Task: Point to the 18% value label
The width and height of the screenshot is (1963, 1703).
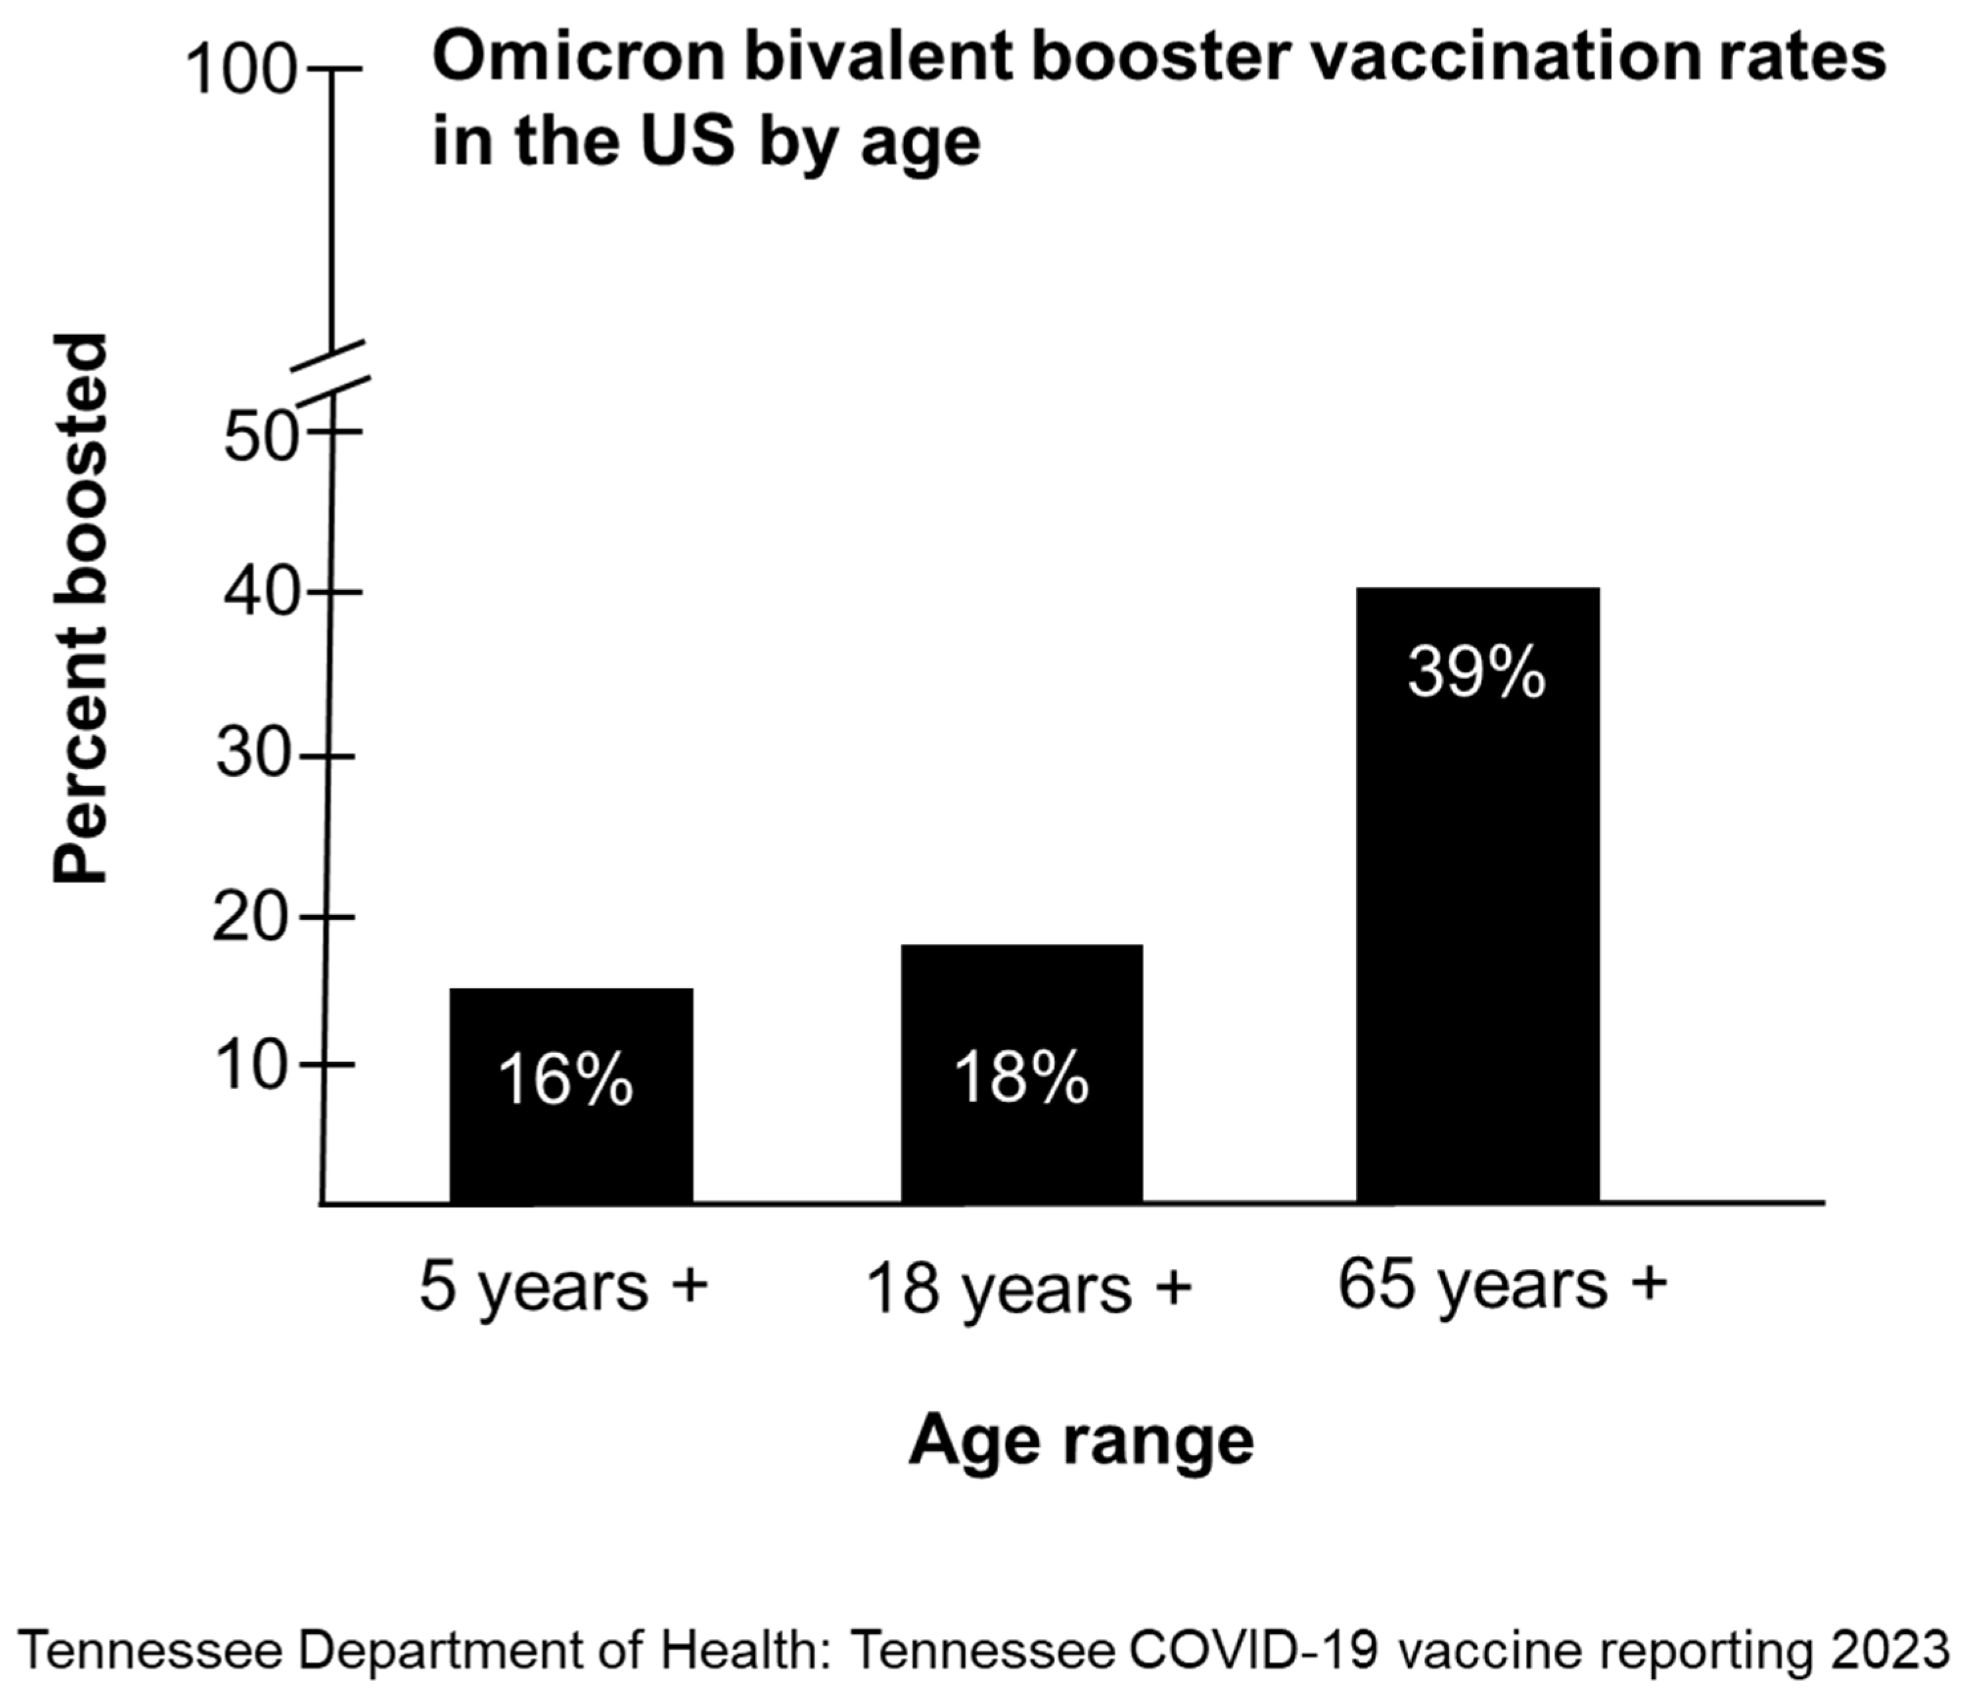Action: click(x=1021, y=1077)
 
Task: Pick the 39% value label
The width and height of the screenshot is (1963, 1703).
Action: click(x=1476, y=672)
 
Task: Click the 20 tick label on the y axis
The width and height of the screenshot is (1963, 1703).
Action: click(x=249, y=919)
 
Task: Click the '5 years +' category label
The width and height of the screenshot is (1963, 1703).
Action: click(x=564, y=1287)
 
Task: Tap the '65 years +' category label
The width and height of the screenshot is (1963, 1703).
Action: click(x=1502, y=1285)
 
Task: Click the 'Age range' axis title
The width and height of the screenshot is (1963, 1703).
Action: click(x=1081, y=1442)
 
